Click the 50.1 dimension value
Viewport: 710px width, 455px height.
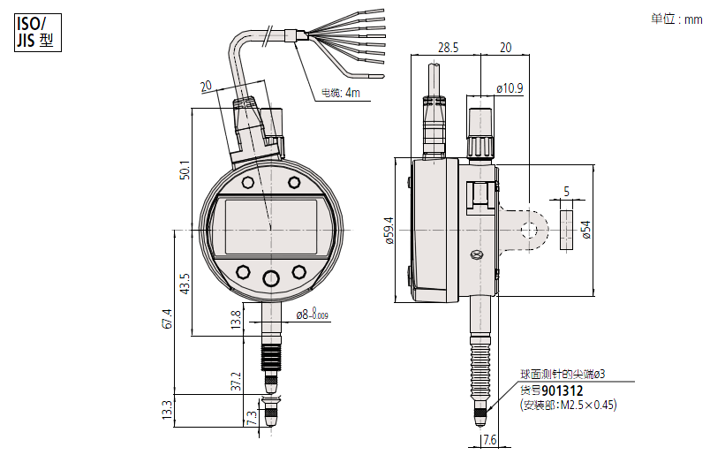click(x=185, y=170)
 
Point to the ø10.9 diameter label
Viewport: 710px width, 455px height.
click(x=510, y=88)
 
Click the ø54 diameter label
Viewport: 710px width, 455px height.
click(x=585, y=231)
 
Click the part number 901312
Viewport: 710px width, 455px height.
click(x=563, y=390)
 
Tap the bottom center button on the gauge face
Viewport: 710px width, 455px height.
click(x=271, y=278)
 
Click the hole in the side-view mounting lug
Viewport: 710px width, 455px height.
click(x=528, y=231)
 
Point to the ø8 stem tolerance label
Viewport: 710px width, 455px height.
click(x=312, y=314)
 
